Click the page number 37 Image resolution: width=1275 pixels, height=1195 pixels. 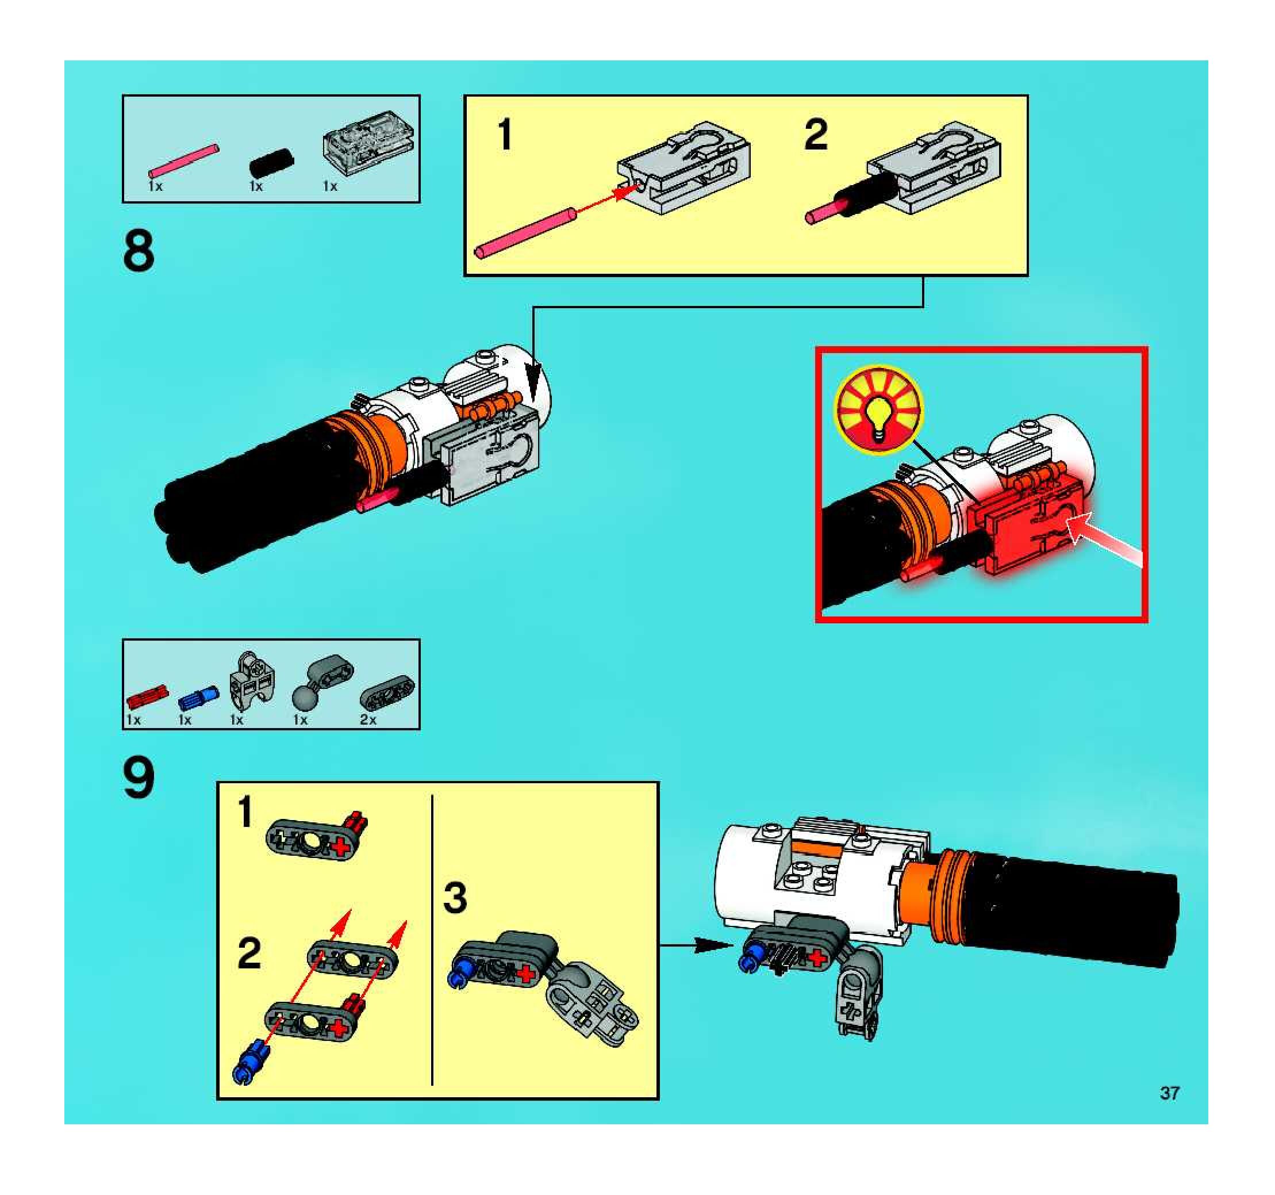click(1169, 1093)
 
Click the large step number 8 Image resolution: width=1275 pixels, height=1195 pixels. click(139, 251)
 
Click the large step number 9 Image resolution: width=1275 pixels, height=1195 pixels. click(139, 778)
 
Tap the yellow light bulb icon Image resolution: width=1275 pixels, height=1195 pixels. click(879, 409)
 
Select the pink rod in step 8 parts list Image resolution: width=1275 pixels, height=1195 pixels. click(183, 160)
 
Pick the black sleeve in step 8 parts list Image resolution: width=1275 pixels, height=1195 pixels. click(271, 162)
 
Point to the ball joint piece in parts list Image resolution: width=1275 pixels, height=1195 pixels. click(321, 681)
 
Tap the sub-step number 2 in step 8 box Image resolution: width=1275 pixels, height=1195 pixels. click(816, 135)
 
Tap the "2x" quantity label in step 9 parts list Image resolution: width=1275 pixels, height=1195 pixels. click(367, 719)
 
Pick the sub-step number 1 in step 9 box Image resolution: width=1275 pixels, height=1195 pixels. click(245, 811)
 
